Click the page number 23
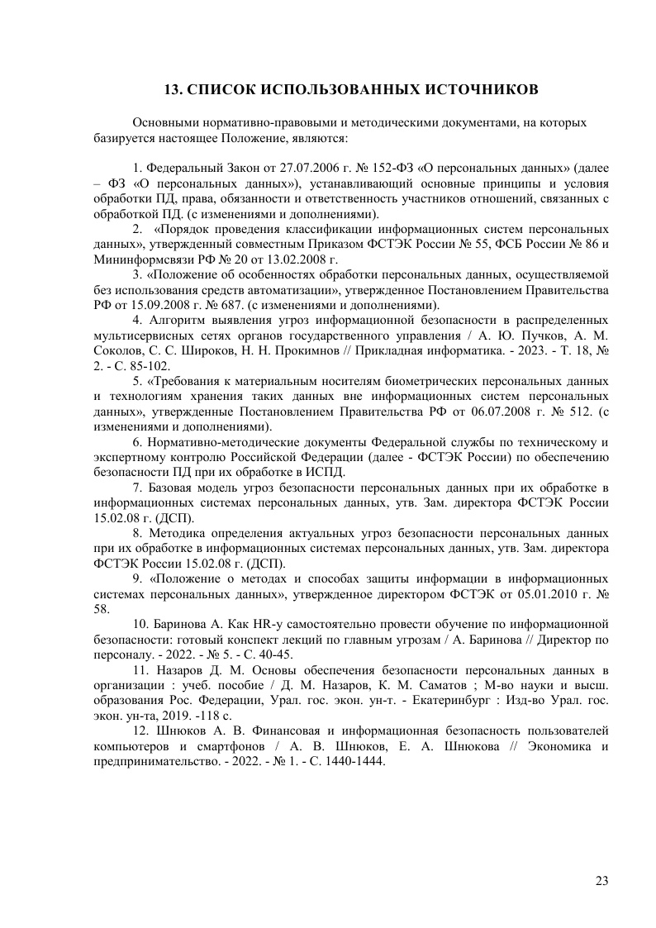click(x=601, y=880)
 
